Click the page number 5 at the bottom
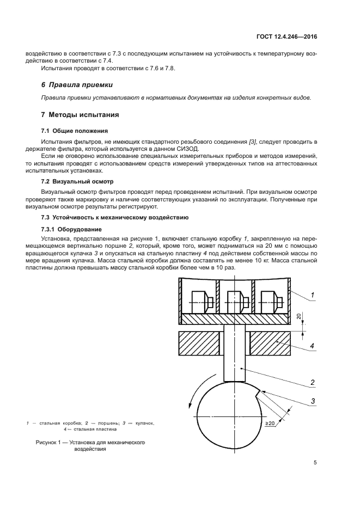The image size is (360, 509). (315, 463)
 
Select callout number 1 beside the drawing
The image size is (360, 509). (313, 296)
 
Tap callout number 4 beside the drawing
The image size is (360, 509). (313, 345)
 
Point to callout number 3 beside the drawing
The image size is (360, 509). (313, 402)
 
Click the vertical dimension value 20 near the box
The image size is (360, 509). (299, 317)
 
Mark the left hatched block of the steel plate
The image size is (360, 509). (201, 345)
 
